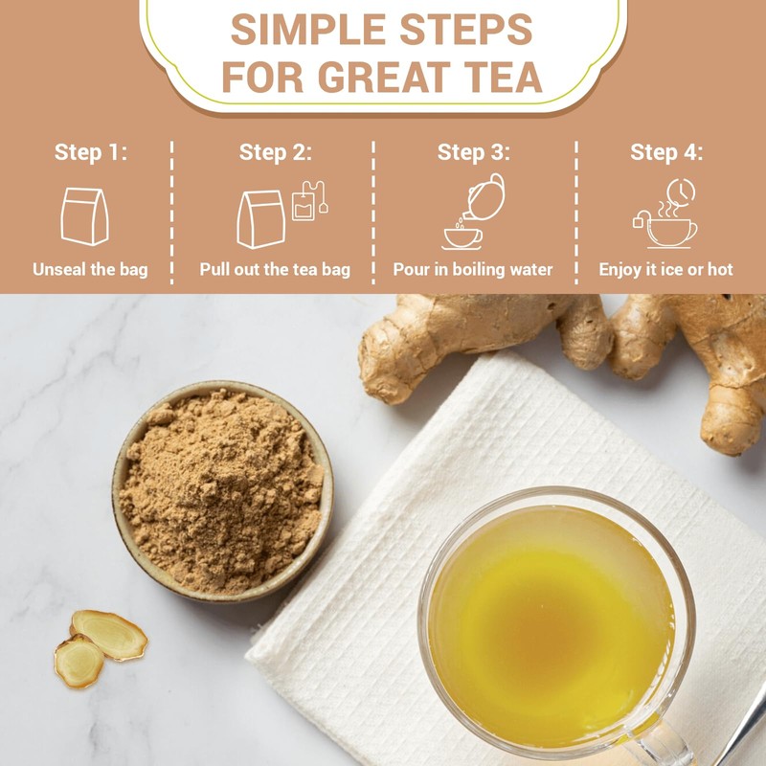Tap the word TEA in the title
(496, 78)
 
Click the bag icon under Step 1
(85, 215)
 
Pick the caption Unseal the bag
(90, 269)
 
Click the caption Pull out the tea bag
(275, 269)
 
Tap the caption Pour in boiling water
(473, 269)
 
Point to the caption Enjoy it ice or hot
(666, 269)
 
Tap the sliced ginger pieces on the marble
(101, 643)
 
